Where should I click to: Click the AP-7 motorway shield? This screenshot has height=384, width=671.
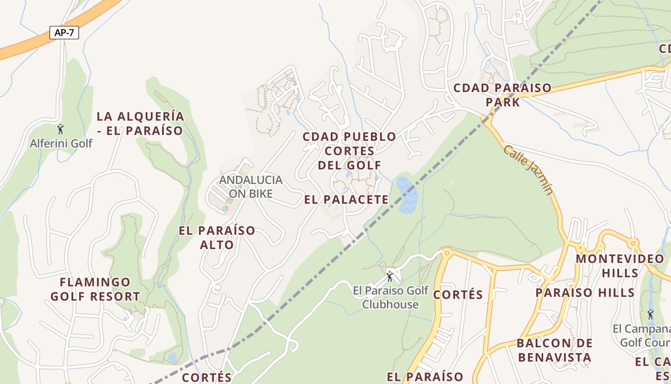coord(64,33)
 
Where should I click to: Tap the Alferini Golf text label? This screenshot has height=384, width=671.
coord(61,143)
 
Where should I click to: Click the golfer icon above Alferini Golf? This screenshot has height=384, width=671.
coord(60,129)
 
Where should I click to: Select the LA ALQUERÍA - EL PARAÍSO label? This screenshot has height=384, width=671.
coord(140,123)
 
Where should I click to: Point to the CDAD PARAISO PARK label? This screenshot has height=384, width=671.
coord(502,95)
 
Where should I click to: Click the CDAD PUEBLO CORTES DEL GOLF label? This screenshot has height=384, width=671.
coord(349,151)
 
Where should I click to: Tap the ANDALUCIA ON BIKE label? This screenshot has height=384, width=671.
coord(251,187)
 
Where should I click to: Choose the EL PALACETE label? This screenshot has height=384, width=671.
coord(346,199)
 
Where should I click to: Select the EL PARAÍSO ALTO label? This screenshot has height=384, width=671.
coord(217,238)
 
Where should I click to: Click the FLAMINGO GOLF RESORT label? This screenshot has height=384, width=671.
coord(95,289)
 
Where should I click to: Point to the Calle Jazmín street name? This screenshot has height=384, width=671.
coord(529,170)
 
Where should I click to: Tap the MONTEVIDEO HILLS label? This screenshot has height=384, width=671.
coord(620,265)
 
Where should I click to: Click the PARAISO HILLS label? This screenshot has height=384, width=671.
coord(585,292)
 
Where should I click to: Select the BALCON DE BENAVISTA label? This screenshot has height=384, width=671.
coord(554,350)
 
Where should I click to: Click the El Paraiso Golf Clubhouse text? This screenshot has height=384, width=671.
coord(391,297)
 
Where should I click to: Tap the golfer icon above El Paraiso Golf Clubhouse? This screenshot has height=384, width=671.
coord(390,276)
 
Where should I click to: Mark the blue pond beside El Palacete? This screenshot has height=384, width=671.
coord(406,195)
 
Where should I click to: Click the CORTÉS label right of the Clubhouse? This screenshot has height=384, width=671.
coord(458,294)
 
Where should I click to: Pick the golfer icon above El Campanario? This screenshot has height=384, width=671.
coord(650,314)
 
